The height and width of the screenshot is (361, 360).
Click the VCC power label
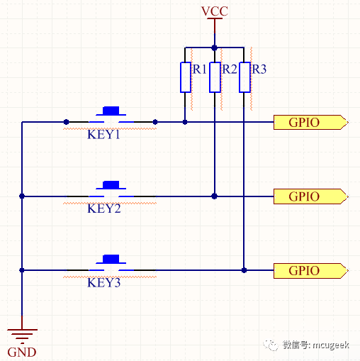215,11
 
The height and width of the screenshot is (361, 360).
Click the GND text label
22,352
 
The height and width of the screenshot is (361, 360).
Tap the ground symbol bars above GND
22,336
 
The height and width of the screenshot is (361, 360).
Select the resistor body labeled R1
186,77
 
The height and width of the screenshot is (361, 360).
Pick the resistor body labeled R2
215,77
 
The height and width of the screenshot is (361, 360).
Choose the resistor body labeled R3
244,77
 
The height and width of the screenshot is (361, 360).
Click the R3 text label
259,70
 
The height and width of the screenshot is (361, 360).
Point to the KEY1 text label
103,135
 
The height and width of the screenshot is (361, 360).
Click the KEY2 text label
104,209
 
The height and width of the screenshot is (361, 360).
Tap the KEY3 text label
104,282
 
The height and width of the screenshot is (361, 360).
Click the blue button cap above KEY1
111,111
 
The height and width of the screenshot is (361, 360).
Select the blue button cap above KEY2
111,185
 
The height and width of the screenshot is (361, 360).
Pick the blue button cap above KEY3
111,259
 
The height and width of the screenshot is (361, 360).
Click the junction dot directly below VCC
215,48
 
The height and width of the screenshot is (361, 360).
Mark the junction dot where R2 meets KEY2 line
215,196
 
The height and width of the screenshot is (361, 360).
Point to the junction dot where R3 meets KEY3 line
244,270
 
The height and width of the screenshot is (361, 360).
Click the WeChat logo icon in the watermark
271,345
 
